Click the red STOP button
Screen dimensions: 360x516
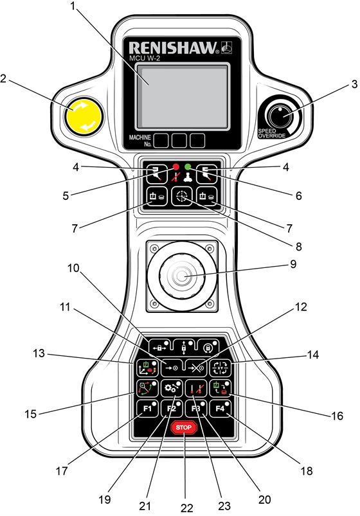(184, 427)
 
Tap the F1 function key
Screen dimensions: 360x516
(148, 409)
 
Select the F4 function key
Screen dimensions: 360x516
(220, 409)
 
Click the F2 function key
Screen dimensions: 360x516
(172, 409)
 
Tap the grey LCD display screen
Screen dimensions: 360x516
(182, 96)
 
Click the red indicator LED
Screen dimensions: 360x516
(175, 166)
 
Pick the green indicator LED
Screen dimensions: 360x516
(188, 166)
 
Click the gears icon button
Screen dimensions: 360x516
(172, 388)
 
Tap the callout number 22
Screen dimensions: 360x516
(187, 508)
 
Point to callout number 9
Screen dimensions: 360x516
(293, 264)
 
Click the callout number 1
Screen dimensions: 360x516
(73, 6)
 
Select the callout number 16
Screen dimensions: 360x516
(337, 416)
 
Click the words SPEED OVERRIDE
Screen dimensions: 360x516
(272, 133)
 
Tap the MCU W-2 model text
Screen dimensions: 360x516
(145, 58)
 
